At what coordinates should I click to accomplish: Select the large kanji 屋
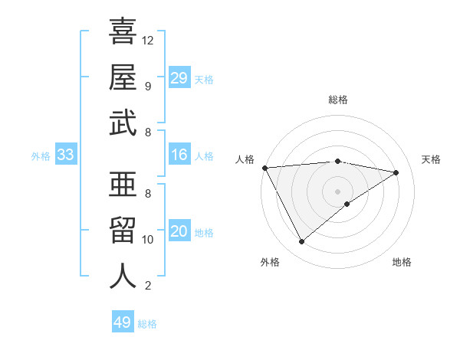point(123,78)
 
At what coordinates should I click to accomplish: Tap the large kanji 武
point(123,123)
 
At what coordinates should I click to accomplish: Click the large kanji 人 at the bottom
point(123,276)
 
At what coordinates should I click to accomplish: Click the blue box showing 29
point(179,78)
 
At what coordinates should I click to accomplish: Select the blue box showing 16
point(179,155)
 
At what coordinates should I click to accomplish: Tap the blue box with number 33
point(66,155)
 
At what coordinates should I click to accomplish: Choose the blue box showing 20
point(179,231)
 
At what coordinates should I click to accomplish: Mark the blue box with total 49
point(123,322)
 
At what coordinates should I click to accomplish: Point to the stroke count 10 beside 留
point(148,240)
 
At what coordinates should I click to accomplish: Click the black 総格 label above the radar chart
point(338,100)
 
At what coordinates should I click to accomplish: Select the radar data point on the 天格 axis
point(396,172)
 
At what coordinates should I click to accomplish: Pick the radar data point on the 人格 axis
point(264,168)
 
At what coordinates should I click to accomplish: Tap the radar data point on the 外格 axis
point(301,242)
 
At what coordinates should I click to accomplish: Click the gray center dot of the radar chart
point(338,191)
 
